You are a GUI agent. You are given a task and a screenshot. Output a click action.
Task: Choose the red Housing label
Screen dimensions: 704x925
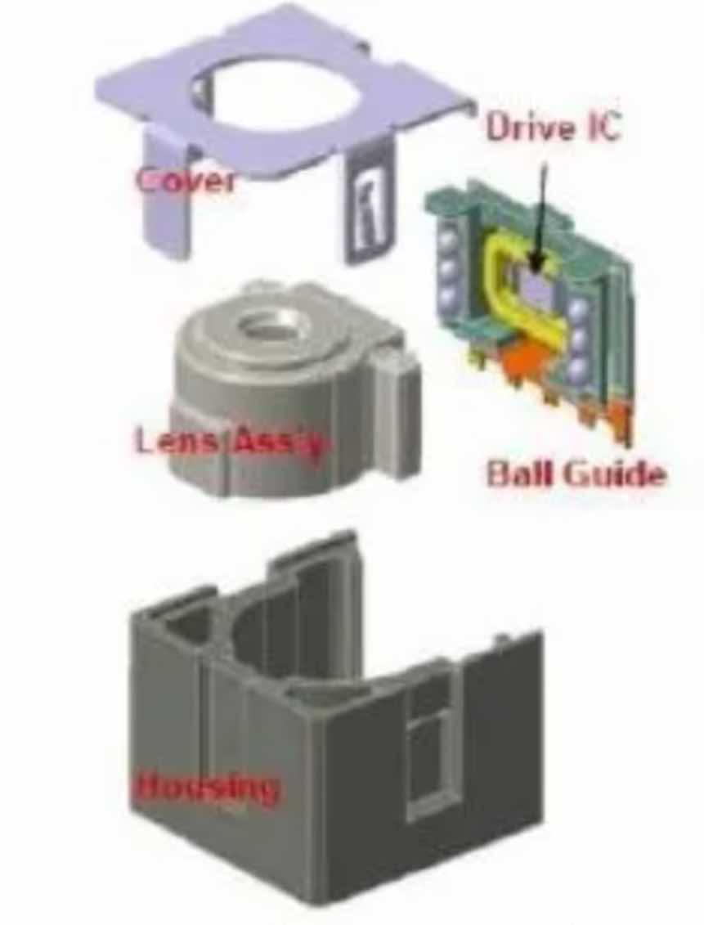coord(204,788)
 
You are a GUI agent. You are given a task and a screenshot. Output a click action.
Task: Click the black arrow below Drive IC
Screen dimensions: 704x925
coord(539,213)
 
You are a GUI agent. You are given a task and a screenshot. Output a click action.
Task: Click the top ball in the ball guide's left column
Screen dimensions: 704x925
coord(446,240)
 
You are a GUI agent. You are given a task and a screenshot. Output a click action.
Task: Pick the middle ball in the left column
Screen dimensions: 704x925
coord(446,268)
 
